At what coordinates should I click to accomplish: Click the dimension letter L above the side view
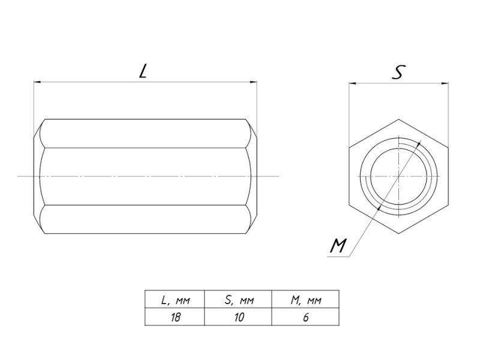coord(143,71)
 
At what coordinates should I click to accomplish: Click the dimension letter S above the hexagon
coord(398,72)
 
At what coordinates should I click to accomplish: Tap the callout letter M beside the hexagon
coord(338,246)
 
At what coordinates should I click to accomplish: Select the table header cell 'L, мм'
coord(175,300)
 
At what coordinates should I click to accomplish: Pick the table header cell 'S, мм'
coord(239,300)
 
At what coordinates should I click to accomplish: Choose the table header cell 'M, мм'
coord(306,300)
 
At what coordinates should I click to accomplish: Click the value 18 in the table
coord(175,317)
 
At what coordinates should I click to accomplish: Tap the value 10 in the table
coord(239,317)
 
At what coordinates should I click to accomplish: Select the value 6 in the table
coord(306,317)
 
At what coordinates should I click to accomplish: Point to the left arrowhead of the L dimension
coord(37,82)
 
